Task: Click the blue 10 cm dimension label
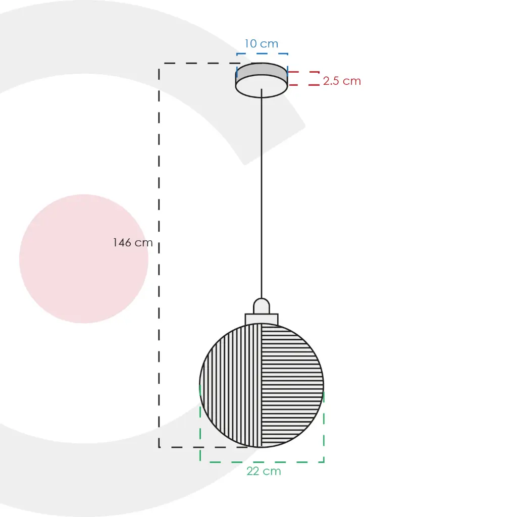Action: coord(261,43)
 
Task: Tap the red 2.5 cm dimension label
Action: coord(342,81)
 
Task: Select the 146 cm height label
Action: coord(133,243)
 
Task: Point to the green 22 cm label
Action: coord(264,471)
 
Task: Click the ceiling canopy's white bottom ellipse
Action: coord(262,86)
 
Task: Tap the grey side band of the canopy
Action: coord(262,71)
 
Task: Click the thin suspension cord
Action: coord(262,193)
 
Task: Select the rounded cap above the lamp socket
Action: coord(262,305)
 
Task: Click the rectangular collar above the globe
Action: coord(262,319)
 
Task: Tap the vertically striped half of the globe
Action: coord(231,386)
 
